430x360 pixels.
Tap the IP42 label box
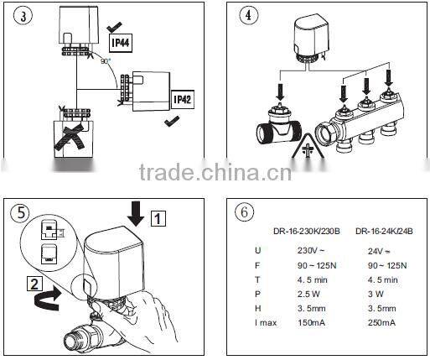tap(182, 98)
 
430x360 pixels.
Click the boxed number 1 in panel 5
tap(159, 220)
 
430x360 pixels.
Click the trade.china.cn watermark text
tap(215, 174)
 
